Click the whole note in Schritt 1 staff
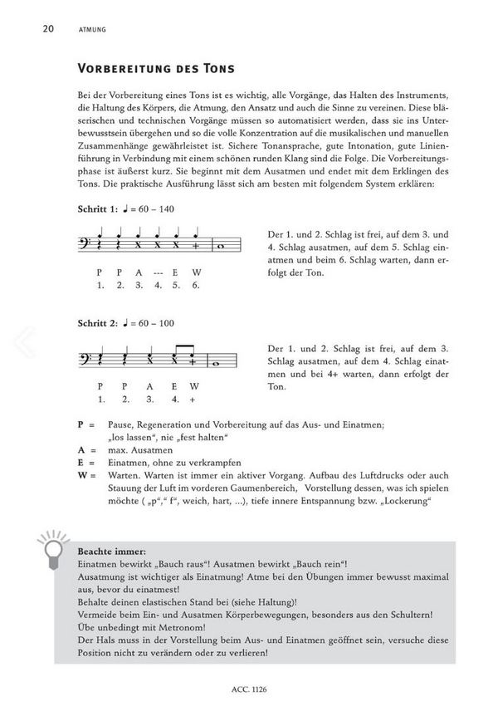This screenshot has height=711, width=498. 220,247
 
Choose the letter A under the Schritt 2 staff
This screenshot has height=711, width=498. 148,386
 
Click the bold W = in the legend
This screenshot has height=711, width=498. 85,478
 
